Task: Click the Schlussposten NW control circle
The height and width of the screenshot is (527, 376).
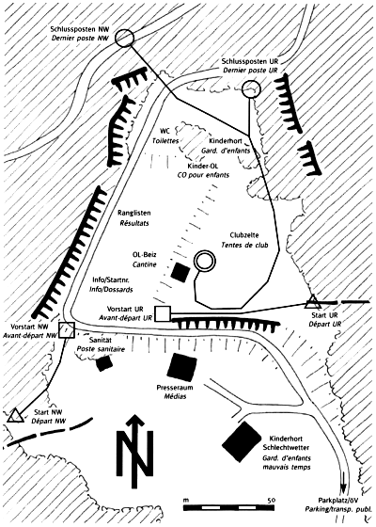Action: tap(124, 33)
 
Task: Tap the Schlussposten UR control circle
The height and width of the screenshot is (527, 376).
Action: tap(251, 81)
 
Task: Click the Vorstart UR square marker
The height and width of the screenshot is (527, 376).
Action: tap(163, 314)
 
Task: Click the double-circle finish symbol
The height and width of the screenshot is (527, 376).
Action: tap(205, 252)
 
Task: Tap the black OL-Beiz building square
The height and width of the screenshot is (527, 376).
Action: tap(180, 272)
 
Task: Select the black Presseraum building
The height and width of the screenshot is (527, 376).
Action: tap(181, 367)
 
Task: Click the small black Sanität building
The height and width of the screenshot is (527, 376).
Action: tap(104, 363)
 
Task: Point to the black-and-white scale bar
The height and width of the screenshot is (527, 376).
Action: tap(228, 507)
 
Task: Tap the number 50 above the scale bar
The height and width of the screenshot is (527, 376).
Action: tap(272, 500)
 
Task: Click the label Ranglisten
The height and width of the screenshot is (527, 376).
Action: tap(133, 213)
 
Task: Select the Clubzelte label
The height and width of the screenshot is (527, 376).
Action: tap(244, 235)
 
